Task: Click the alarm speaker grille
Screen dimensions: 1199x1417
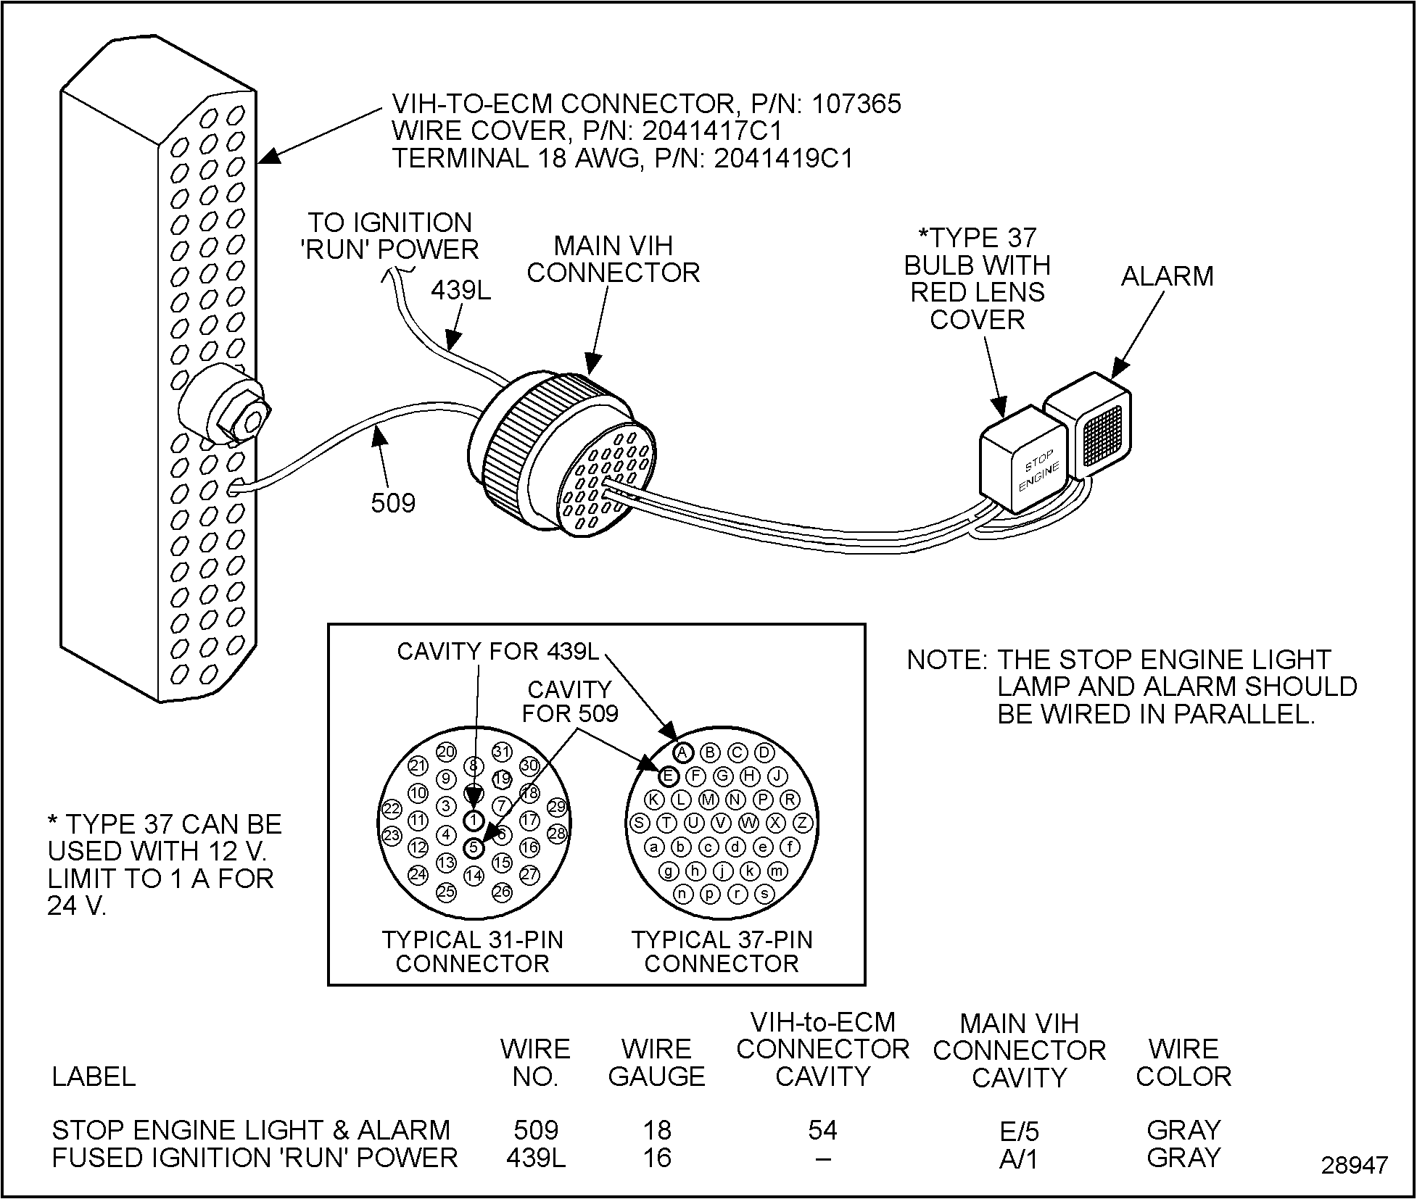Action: (x=1102, y=434)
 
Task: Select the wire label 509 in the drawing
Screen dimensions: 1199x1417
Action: (x=393, y=502)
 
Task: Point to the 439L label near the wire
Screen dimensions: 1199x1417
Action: (x=461, y=291)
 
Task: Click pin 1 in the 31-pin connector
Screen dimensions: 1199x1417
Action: (x=473, y=820)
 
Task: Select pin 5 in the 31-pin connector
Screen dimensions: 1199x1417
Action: (x=474, y=847)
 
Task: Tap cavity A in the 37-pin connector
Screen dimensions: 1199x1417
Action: (x=683, y=752)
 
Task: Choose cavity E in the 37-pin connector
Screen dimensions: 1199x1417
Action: (x=668, y=777)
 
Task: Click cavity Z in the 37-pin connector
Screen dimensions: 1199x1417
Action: (x=803, y=823)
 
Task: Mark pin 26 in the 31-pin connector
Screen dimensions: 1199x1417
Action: (x=502, y=891)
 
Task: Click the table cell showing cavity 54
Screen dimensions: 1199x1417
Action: (x=822, y=1130)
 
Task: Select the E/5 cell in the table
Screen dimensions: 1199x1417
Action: (x=1019, y=1131)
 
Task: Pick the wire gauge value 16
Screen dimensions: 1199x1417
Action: (x=656, y=1158)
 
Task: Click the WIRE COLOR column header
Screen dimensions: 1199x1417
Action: (x=1183, y=1063)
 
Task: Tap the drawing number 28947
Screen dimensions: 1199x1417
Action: (x=1354, y=1165)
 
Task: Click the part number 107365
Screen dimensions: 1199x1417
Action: (x=856, y=104)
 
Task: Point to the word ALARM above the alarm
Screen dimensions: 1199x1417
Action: (x=1167, y=276)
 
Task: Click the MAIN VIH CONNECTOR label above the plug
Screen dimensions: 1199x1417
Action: (x=613, y=259)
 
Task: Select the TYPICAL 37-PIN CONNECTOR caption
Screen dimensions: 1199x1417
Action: (x=722, y=951)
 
